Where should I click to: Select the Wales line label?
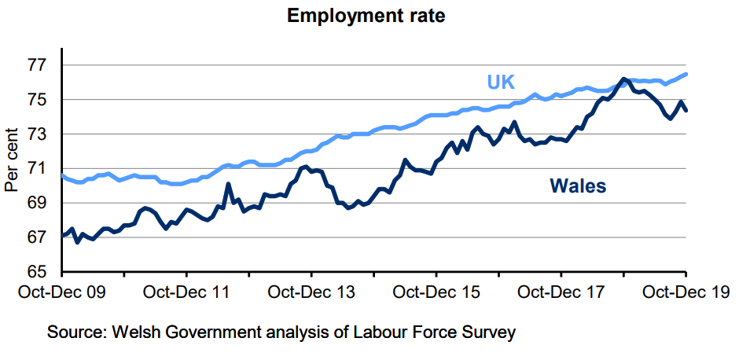pos(578,186)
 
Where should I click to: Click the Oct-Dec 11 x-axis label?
pos(187,292)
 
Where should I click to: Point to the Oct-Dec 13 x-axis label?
pos(312,292)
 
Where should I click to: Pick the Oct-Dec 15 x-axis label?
pos(436,292)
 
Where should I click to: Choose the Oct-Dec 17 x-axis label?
pos(561,292)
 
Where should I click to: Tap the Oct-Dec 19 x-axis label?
pos(684,292)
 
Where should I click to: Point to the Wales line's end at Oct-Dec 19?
pos(686,110)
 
